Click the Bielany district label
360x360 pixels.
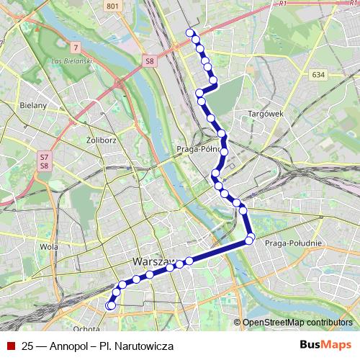[33, 105]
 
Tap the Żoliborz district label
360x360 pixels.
[101, 140]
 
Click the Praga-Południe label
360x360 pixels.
[288, 245]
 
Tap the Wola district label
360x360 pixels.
[50, 246]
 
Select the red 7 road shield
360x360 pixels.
[76, 48]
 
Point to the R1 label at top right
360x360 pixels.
[282, 4]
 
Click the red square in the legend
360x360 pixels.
[11, 346]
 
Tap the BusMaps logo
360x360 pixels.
[325, 346]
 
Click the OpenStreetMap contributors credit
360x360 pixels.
[297, 323]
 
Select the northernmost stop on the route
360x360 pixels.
[190, 32]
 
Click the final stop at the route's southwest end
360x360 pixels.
[110, 306]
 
